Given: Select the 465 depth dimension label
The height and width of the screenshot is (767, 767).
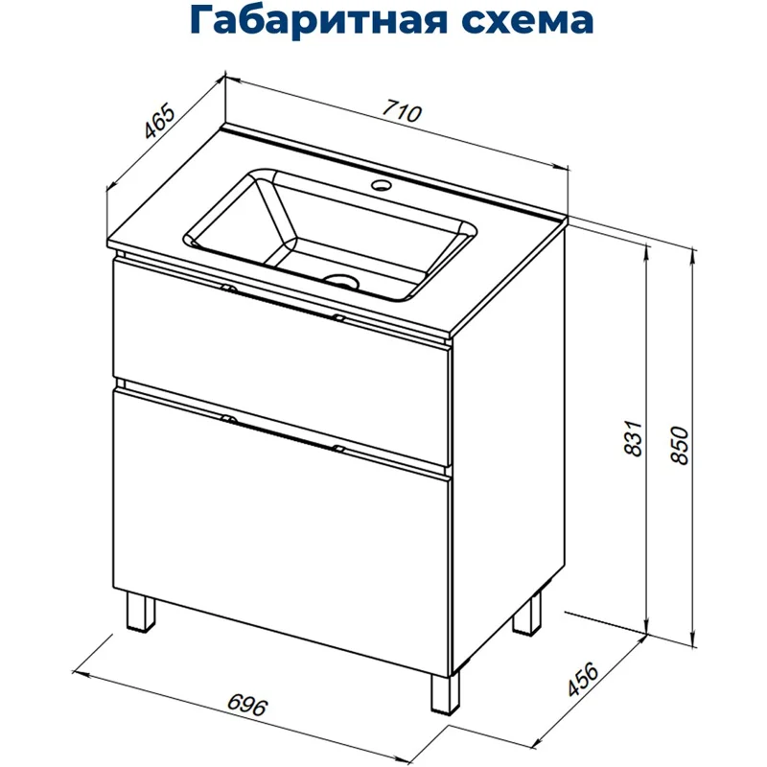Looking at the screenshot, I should pos(157,124).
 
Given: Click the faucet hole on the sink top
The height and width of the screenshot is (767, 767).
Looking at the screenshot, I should pos(382,184).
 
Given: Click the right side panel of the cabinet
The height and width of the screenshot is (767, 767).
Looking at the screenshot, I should pos(508,431).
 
